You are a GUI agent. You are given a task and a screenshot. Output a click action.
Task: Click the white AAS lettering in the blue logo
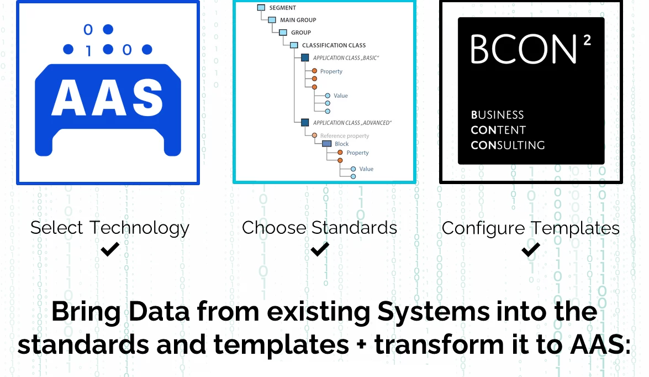tap(107, 97)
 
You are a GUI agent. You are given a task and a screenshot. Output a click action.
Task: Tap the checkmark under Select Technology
tap(110, 249)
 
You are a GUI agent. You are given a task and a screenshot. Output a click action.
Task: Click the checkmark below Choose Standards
tap(320, 249)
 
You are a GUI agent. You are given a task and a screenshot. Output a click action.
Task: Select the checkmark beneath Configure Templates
tap(531, 249)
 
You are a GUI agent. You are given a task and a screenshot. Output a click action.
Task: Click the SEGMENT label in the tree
tap(283, 7)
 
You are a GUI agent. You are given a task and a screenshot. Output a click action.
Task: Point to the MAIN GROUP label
tap(298, 20)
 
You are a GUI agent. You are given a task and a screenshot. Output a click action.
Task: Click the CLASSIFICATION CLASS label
tap(334, 45)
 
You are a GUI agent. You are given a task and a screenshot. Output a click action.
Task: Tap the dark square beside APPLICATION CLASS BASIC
tap(305, 57)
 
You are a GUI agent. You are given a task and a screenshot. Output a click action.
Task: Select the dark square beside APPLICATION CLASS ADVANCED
tap(305, 122)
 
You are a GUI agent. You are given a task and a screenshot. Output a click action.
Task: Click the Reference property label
tap(344, 135)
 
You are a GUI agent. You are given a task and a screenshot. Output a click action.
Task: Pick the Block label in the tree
tap(342, 144)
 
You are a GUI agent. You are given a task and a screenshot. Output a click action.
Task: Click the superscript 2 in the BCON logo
tap(587, 40)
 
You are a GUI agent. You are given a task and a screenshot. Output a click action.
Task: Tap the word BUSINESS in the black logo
tap(498, 115)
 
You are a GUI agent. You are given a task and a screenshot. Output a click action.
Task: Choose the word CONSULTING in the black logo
tap(508, 145)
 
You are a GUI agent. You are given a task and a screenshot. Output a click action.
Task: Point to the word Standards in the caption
tap(354, 227)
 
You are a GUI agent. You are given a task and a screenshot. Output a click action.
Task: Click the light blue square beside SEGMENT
tap(261, 7)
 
